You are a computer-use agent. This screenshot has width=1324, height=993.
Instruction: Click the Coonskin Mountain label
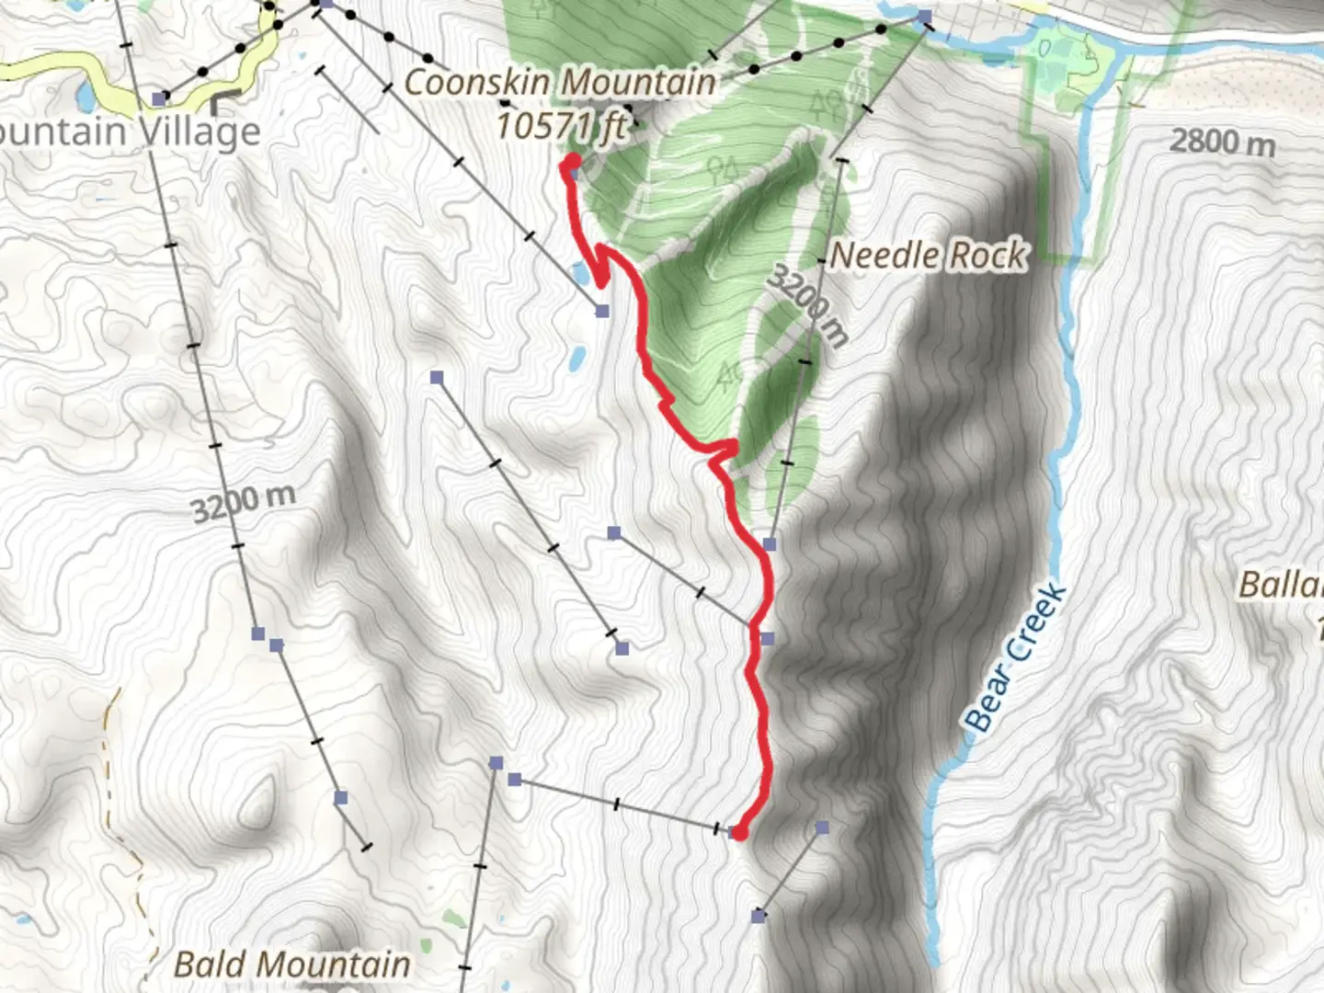[560, 83]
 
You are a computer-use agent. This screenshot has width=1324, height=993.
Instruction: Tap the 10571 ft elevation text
[562, 126]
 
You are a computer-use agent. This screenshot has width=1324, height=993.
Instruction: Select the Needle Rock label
[928, 256]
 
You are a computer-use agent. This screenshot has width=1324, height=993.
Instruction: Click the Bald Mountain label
[292, 964]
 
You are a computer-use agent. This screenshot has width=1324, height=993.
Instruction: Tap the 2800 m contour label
[1222, 142]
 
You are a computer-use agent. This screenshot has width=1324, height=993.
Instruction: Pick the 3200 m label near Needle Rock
[807, 304]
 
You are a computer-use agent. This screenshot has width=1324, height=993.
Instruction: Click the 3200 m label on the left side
[244, 502]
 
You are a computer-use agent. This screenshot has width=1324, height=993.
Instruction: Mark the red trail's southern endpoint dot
[738, 833]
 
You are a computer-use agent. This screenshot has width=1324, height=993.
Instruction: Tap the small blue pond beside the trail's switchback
[580, 273]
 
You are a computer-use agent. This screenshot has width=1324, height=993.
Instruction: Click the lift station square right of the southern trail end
[822, 827]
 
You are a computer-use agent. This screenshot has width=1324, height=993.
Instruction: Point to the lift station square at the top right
[924, 17]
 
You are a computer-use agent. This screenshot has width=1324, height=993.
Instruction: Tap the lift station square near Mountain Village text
[160, 97]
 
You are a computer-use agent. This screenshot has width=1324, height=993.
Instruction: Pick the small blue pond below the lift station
[576, 358]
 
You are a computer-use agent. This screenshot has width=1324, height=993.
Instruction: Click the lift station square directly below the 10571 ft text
[576, 172]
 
